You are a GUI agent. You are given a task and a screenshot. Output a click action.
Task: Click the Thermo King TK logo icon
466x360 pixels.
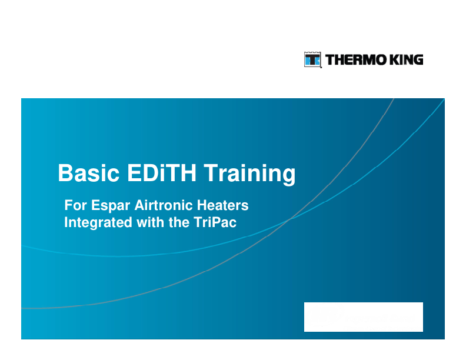pyautogui.click(x=312, y=59)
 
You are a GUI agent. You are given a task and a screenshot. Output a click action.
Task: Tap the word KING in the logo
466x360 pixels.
pyautogui.click(x=406, y=59)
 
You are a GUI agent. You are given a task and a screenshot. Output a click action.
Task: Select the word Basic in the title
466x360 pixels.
pyautogui.click(x=89, y=172)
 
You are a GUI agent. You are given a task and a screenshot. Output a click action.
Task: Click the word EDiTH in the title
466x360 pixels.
pyautogui.click(x=162, y=172)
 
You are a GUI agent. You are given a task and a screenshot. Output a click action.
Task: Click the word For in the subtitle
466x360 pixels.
pyautogui.click(x=76, y=205)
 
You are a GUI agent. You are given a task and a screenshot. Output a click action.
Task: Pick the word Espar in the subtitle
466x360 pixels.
pyautogui.click(x=111, y=206)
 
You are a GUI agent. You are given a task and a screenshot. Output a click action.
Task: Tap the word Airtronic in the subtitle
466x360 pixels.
pyautogui.click(x=164, y=205)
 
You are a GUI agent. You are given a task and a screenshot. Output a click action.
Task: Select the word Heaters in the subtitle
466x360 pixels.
pyautogui.click(x=222, y=205)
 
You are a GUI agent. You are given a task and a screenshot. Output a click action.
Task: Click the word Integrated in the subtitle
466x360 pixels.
pyautogui.click(x=98, y=223)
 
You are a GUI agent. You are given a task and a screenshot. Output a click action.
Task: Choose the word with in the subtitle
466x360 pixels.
pyautogui.click(x=150, y=222)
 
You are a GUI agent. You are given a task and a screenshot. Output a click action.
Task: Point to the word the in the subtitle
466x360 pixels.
pyautogui.click(x=179, y=222)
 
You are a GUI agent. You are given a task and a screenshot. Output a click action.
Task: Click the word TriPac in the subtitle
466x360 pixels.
pyautogui.click(x=215, y=222)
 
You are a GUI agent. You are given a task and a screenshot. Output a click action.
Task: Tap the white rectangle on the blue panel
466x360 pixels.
pyautogui.click(x=364, y=317)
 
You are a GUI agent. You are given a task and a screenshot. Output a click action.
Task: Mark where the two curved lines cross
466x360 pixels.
pyautogui.click(x=289, y=219)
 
